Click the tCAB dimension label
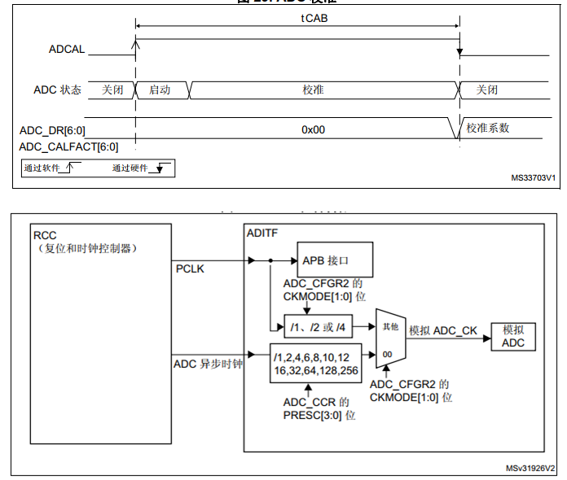pyautogui.click(x=297, y=18)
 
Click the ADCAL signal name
pyautogui.click(x=66, y=50)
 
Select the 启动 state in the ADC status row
pyautogui.click(x=160, y=89)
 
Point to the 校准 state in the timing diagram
pyautogui.click(x=313, y=89)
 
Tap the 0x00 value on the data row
pyautogui.click(x=313, y=129)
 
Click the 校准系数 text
pyautogui.click(x=489, y=129)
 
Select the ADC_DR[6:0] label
pyautogui.click(x=52, y=130)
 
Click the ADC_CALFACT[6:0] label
pyautogui.click(x=68, y=146)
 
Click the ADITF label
pyautogui.click(x=262, y=233)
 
